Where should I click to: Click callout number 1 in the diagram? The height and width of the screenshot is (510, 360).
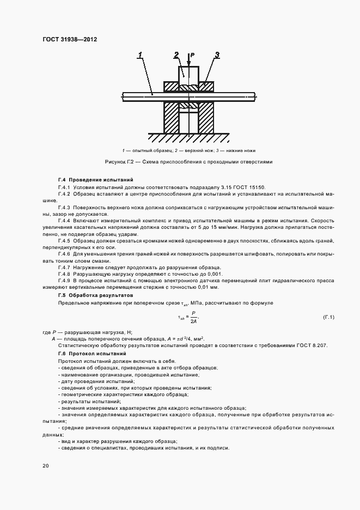pos(141,54)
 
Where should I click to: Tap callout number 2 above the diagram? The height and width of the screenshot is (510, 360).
pos(176,54)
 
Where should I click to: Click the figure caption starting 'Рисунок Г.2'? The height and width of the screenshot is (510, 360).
pos(188,162)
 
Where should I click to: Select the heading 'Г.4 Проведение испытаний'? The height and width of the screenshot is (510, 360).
pos(95,180)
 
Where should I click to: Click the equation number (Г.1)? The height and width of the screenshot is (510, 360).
pos(328,317)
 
